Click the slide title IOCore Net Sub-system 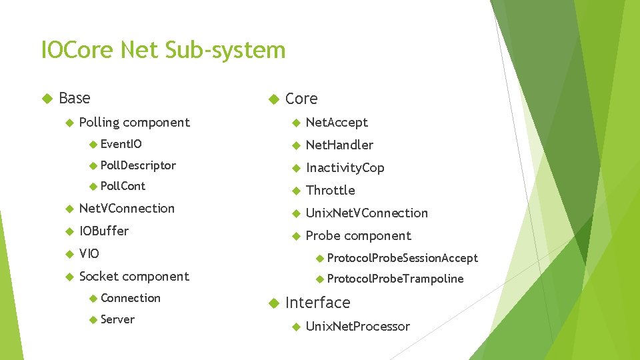point(163,50)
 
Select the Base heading point(74,98)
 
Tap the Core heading point(301,99)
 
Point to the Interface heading point(317,303)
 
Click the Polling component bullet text point(134,122)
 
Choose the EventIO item point(121,144)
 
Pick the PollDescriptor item point(138,165)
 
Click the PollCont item point(123,186)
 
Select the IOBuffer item point(103,231)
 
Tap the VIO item point(89,253)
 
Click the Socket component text point(134,276)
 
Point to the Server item point(117,319)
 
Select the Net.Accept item point(337,122)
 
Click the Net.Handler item point(339,145)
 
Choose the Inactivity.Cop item point(345,167)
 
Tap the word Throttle point(330,190)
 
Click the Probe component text point(358,235)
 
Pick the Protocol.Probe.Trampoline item point(395,279)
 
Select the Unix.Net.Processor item point(357,326)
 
